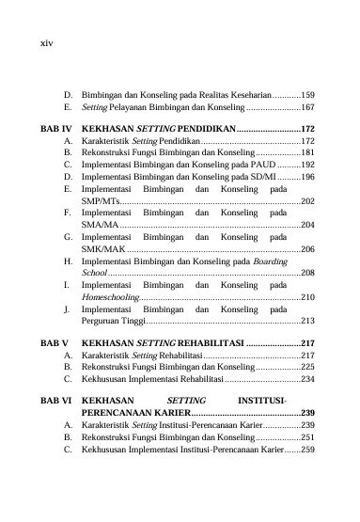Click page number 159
click(306, 96)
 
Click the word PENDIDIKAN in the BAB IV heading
click(199, 126)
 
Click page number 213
click(306, 321)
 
